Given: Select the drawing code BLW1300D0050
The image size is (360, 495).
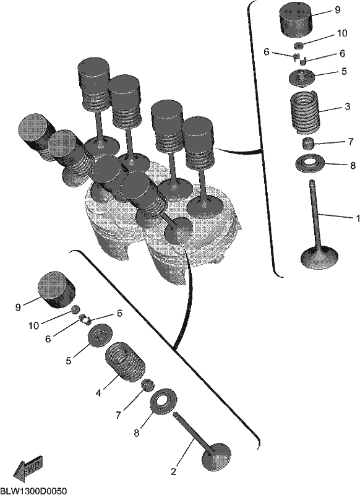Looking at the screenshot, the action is pyautogui.click(x=33, y=491).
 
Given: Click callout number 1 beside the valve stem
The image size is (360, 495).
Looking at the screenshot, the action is pyautogui.click(x=357, y=218).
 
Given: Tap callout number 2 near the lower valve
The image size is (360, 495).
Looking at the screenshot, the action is pyautogui.click(x=173, y=472).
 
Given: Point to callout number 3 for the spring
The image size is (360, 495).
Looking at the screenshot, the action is pyautogui.click(x=347, y=106).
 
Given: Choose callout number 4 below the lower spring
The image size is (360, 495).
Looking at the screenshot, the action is pyautogui.click(x=98, y=393).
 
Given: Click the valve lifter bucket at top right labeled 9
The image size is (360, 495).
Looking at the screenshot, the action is pyautogui.click(x=296, y=20).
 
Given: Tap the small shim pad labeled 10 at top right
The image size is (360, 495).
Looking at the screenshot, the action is pyautogui.click(x=299, y=45).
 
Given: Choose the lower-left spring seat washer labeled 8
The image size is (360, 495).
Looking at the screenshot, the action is pyautogui.click(x=163, y=400).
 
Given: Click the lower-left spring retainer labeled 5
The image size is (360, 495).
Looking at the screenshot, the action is pyautogui.click(x=100, y=335).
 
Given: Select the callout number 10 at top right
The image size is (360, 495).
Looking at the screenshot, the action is pyautogui.click(x=342, y=33).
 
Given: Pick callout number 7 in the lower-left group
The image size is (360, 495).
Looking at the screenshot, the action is pyautogui.click(x=118, y=415).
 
